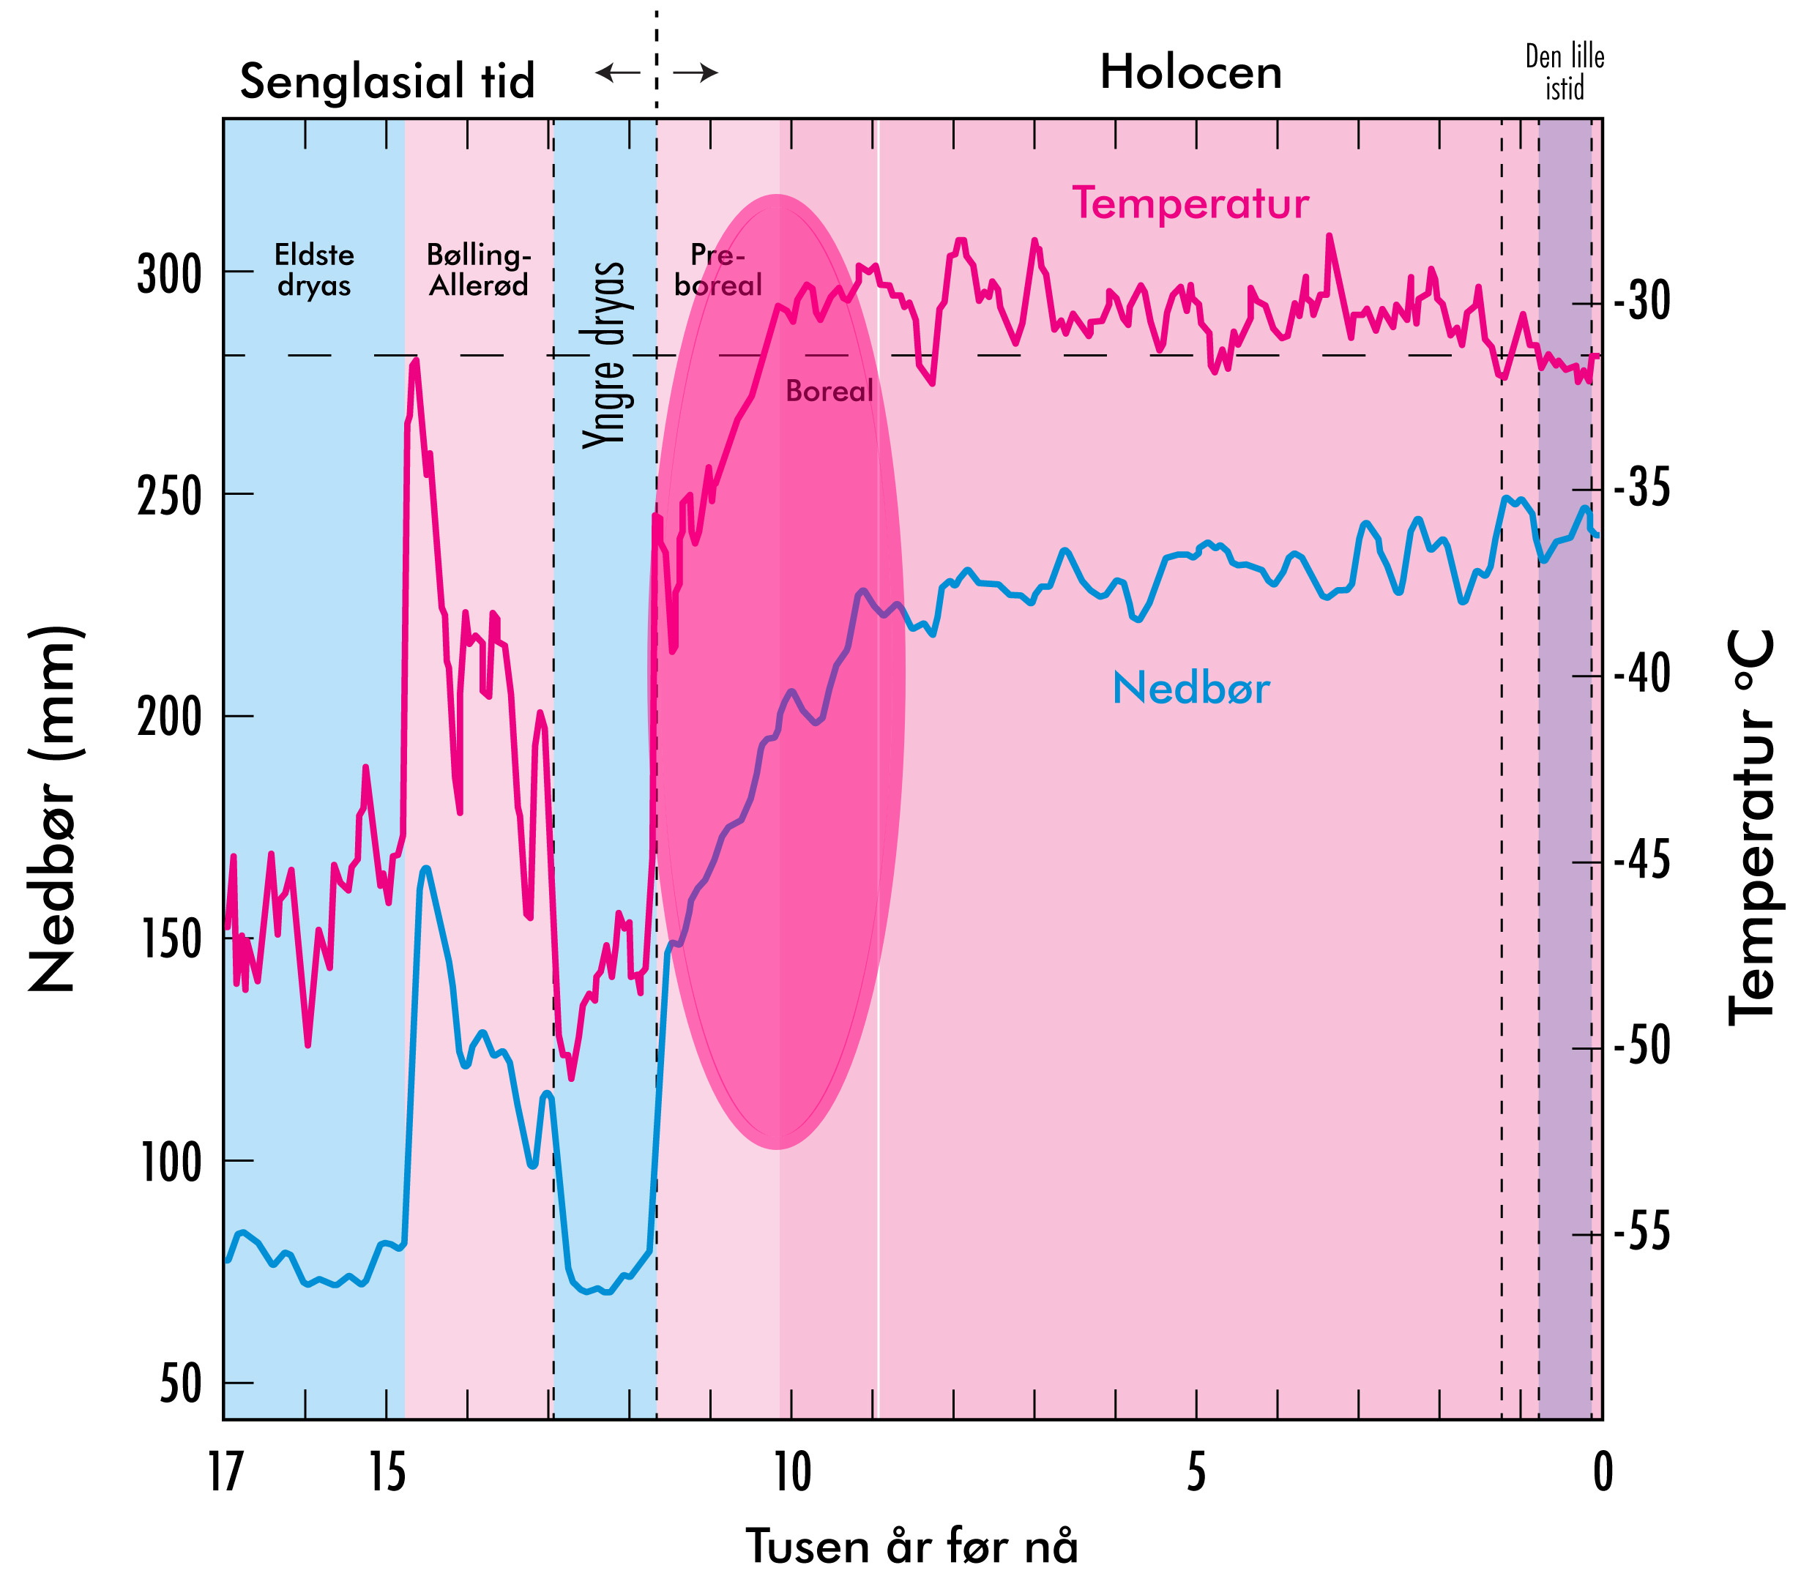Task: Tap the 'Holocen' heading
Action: pos(1190,72)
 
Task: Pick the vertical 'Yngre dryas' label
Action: pos(605,354)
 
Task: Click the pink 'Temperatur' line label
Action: pos(1190,203)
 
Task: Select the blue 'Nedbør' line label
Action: pos(1190,688)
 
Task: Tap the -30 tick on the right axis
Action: pos(1641,302)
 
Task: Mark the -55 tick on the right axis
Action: pos(1641,1233)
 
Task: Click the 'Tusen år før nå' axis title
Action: pos(912,1547)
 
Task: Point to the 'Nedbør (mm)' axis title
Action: pos(55,809)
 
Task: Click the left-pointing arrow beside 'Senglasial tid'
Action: pos(618,72)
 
